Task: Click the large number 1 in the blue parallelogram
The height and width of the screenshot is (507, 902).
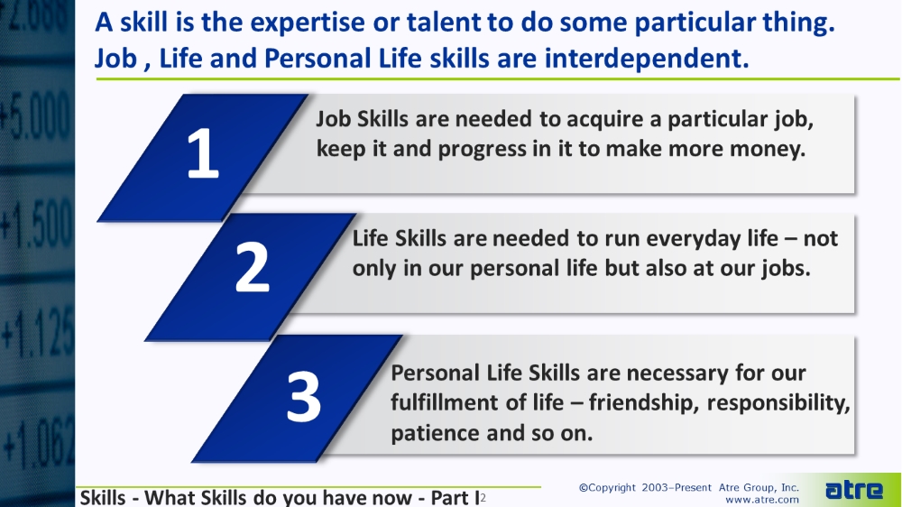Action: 203,153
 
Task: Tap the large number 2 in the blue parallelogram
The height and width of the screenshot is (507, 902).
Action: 252,266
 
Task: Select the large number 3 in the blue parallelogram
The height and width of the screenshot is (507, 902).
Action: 304,396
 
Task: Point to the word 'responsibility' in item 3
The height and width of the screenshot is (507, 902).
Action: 778,403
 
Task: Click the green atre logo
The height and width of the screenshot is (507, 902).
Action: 853,490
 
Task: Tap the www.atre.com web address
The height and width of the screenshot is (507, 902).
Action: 761,500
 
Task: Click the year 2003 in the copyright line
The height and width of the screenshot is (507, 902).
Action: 655,488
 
